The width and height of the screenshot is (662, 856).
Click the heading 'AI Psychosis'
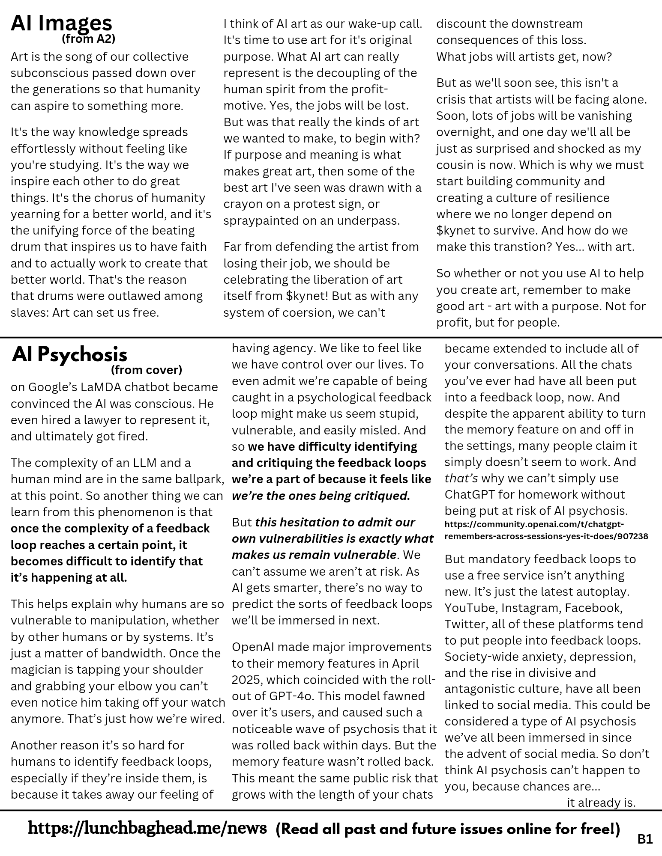69,354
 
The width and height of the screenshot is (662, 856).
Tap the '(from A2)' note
89,39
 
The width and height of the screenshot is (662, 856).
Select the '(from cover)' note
147,369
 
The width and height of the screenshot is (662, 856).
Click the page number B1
645,840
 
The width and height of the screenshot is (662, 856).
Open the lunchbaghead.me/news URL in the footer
147,828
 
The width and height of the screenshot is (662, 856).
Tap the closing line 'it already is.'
601,802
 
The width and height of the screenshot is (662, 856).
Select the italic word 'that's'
461,478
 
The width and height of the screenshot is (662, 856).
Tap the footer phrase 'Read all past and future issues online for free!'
448,829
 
